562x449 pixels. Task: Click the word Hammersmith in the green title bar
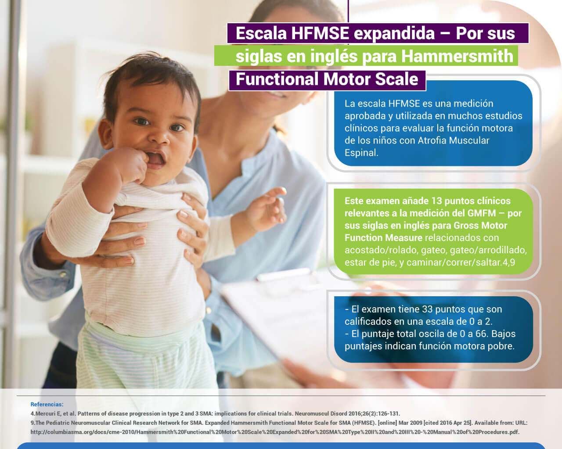pyautogui.click(x=457, y=56)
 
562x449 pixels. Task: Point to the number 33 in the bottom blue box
pyautogui.click(x=427, y=309)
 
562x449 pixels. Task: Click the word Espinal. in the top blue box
pyautogui.click(x=361, y=153)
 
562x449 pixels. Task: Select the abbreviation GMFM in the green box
pyautogui.click(x=482, y=213)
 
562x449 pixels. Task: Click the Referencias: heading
pyautogui.click(x=47, y=404)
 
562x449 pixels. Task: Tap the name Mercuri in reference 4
pyautogui.click(x=45, y=413)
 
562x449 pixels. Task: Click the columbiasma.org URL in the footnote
pyautogui.click(x=275, y=432)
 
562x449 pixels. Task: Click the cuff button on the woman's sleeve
pyautogui.click(x=63, y=274)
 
